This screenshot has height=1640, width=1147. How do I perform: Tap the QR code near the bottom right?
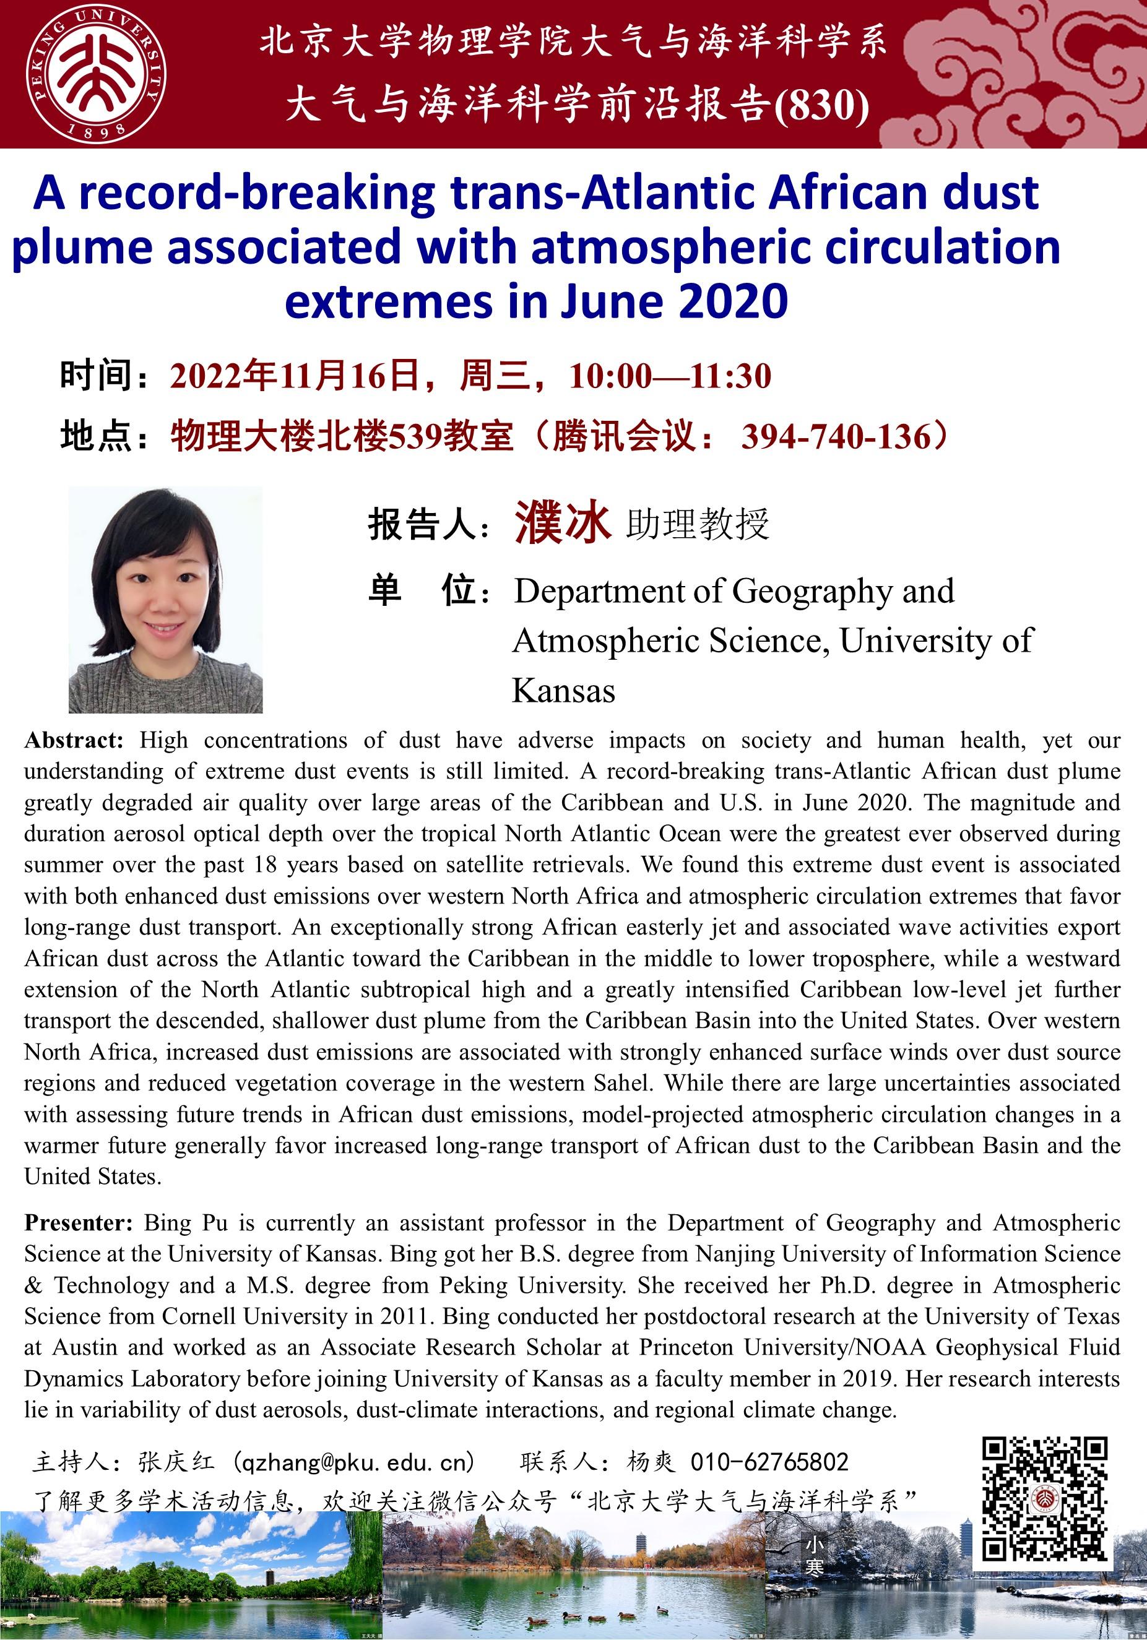1044,1498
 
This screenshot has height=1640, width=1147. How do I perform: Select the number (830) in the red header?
823,106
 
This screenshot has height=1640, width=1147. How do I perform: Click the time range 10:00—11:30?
670,376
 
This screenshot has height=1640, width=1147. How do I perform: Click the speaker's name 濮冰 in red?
563,522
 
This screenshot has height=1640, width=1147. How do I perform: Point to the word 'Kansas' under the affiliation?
563,691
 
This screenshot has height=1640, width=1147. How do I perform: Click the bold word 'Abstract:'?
74,740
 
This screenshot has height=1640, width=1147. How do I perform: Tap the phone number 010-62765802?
769,1462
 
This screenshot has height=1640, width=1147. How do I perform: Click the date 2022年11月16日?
295,376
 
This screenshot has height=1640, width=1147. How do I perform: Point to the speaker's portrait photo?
166,600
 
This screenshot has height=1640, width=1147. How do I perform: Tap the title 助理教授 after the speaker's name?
698,524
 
